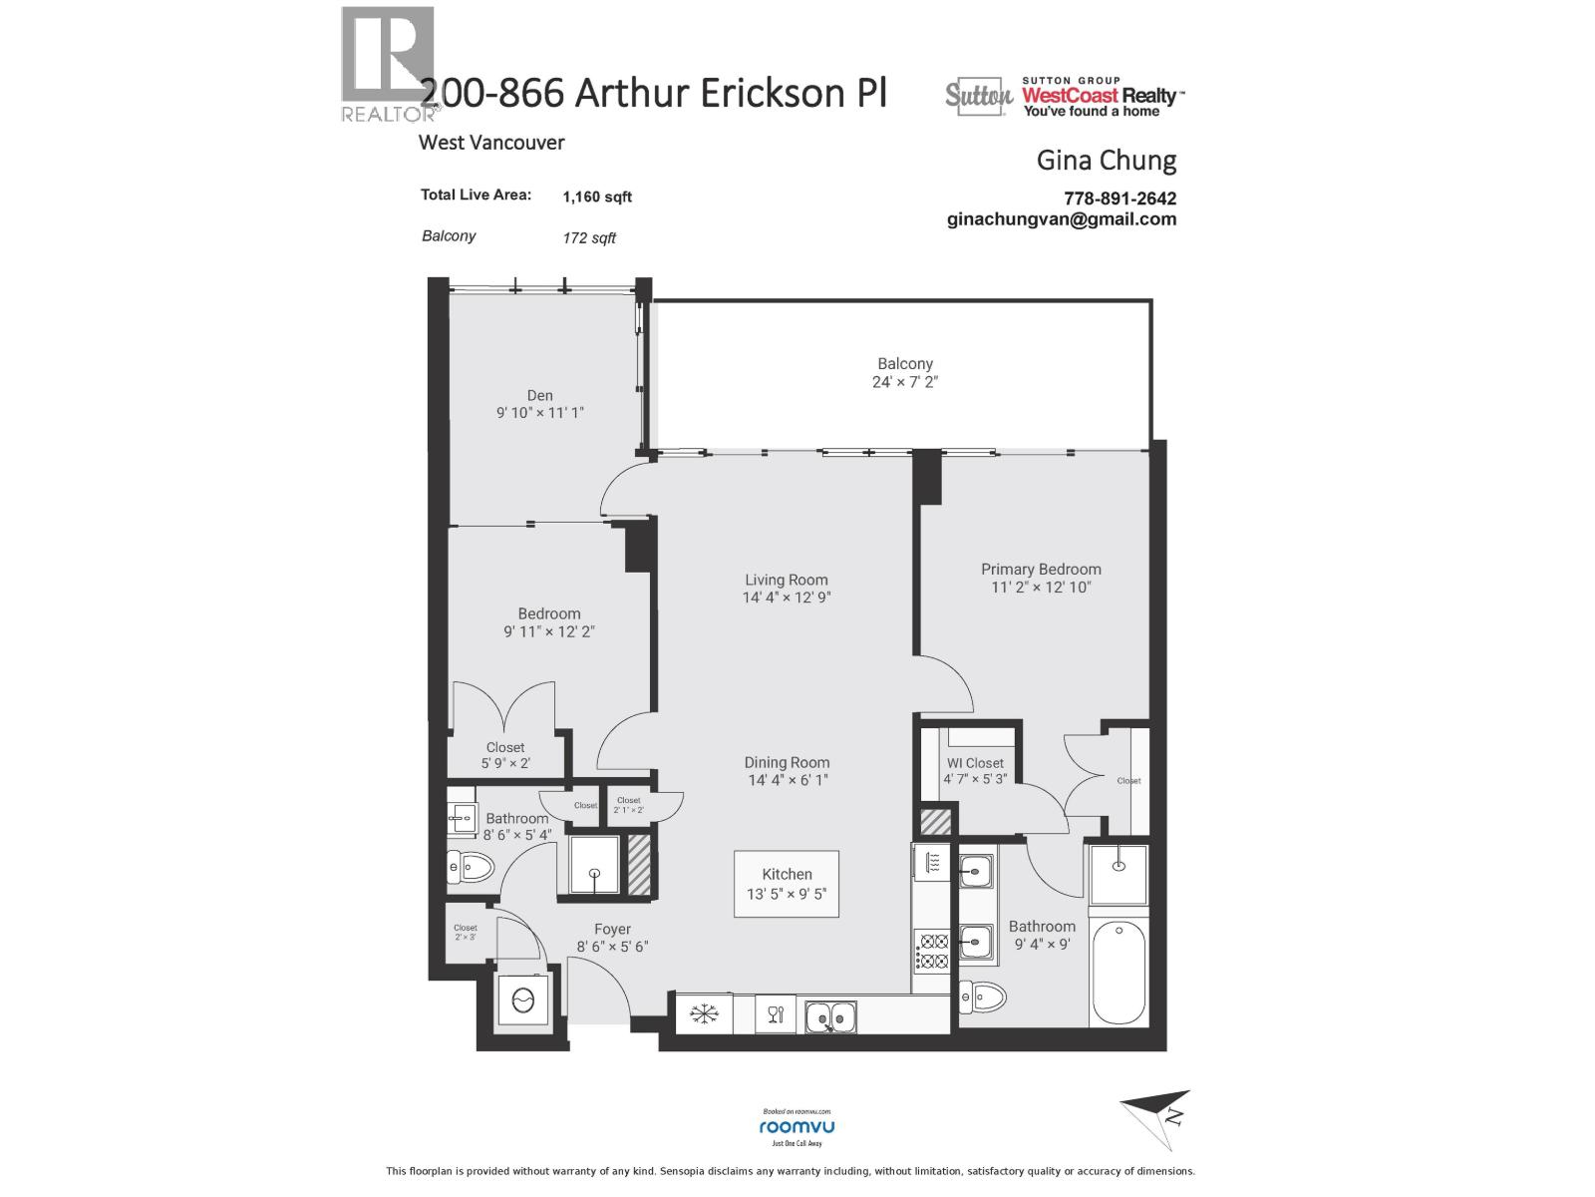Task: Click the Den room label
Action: (x=539, y=396)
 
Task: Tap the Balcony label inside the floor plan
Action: (x=905, y=364)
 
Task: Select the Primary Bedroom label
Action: (x=1041, y=570)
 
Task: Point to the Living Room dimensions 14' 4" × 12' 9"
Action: (x=787, y=598)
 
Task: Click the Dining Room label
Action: (x=787, y=763)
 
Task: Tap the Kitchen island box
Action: (x=787, y=884)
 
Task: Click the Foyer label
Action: (x=612, y=929)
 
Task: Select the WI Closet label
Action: (x=975, y=763)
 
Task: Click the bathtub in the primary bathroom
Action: (x=1117, y=973)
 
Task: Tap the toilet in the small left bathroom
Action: (x=473, y=869)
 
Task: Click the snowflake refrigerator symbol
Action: (x=705, y=1015)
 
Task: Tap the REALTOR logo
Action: (x=389, y=64)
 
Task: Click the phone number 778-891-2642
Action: (x=1119, y=199)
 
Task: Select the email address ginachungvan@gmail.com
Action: (x=1062, y=219)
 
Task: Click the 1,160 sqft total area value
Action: (x=597, y=197)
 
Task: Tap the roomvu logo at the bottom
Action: (x=797, y=1126)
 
